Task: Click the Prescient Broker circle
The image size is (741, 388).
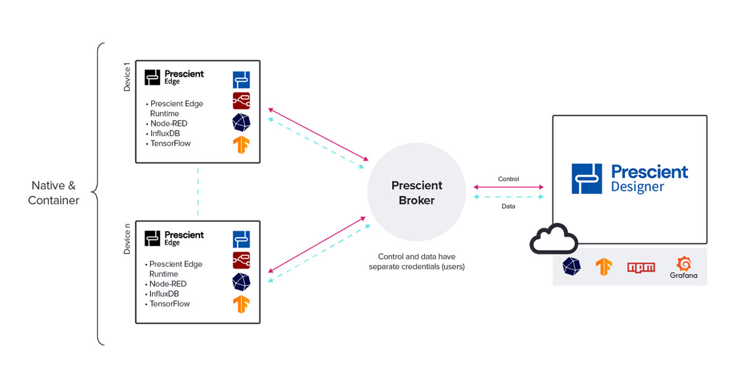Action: tap(416, 193)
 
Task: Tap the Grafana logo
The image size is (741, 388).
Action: tap(683, 268)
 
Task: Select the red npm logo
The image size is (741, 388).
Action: tap(641, 267)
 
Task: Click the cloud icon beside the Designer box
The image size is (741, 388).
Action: tap(553, 239)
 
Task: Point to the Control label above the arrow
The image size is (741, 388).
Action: tap(508, 179)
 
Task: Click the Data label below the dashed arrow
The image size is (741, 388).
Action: tap(508, 206)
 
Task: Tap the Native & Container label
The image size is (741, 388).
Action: tap(54, 192)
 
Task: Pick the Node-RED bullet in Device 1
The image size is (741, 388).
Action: tap(169, 124)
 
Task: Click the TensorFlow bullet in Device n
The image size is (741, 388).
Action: tap(169, 304)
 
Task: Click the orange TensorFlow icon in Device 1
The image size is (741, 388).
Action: tap(241, 145)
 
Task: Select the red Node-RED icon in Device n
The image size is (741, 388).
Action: tap(241, 259)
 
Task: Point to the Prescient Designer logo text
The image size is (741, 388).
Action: tap(648, 179)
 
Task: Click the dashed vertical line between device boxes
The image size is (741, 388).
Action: tap(198, 191)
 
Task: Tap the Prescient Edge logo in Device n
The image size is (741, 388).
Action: tap(174, 238)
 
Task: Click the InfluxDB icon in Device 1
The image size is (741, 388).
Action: tap(241, 122)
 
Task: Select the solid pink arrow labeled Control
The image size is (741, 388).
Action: tap(508, 187)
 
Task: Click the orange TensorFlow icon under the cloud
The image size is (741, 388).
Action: tap(603, 266)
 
